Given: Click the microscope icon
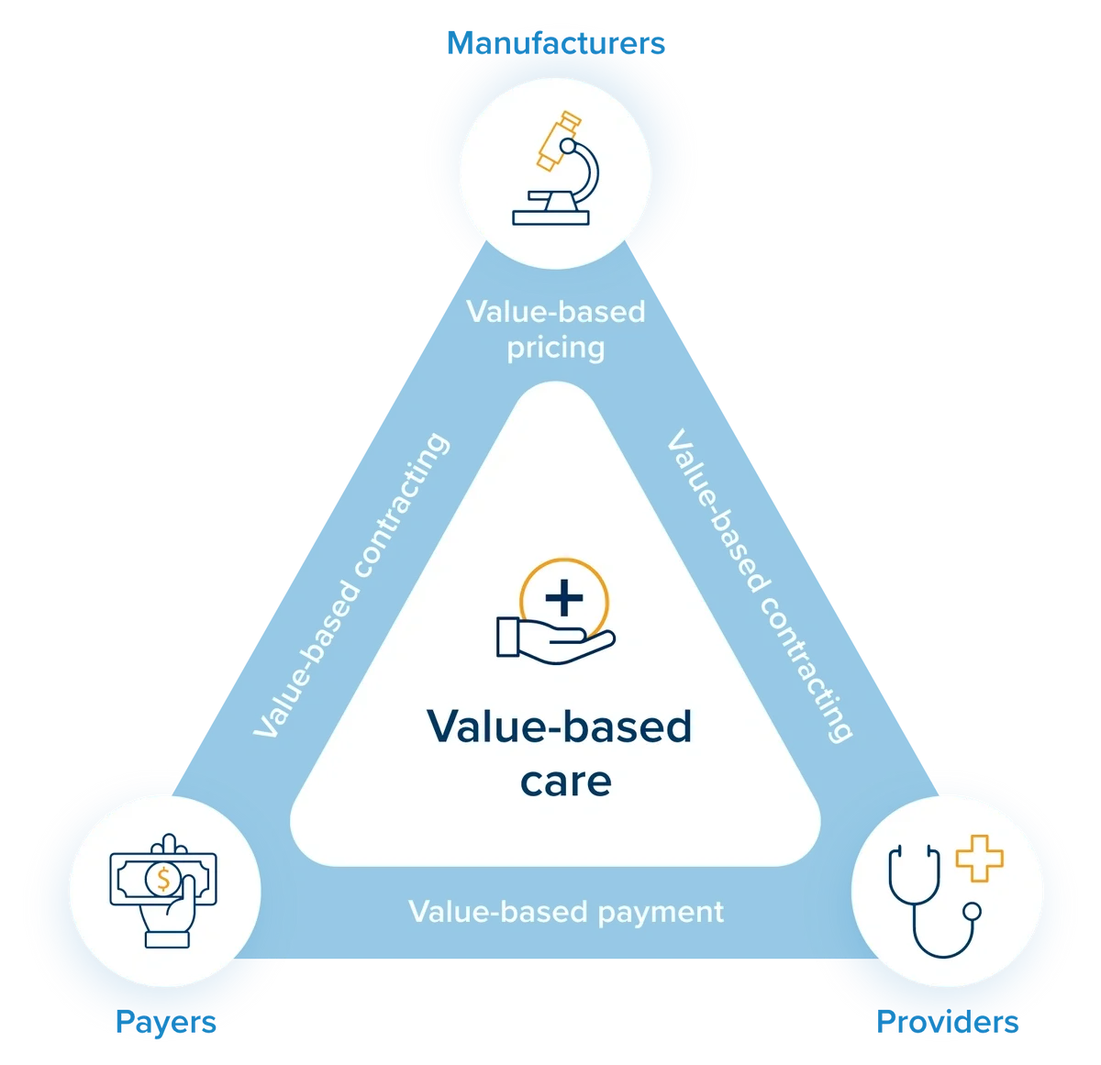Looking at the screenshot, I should [x=556, y=170].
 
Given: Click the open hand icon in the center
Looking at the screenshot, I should [x=550, y=638].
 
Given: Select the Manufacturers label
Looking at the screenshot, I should [x=554, y=43].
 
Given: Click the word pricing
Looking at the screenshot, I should [x=556, y=349].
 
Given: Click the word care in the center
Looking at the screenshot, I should [x=565, y=782].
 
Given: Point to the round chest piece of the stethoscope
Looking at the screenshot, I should [x=971, y=912].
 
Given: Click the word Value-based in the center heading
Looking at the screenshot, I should [x=559, y=727].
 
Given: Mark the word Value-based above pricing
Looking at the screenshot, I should [x=556, y=312].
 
